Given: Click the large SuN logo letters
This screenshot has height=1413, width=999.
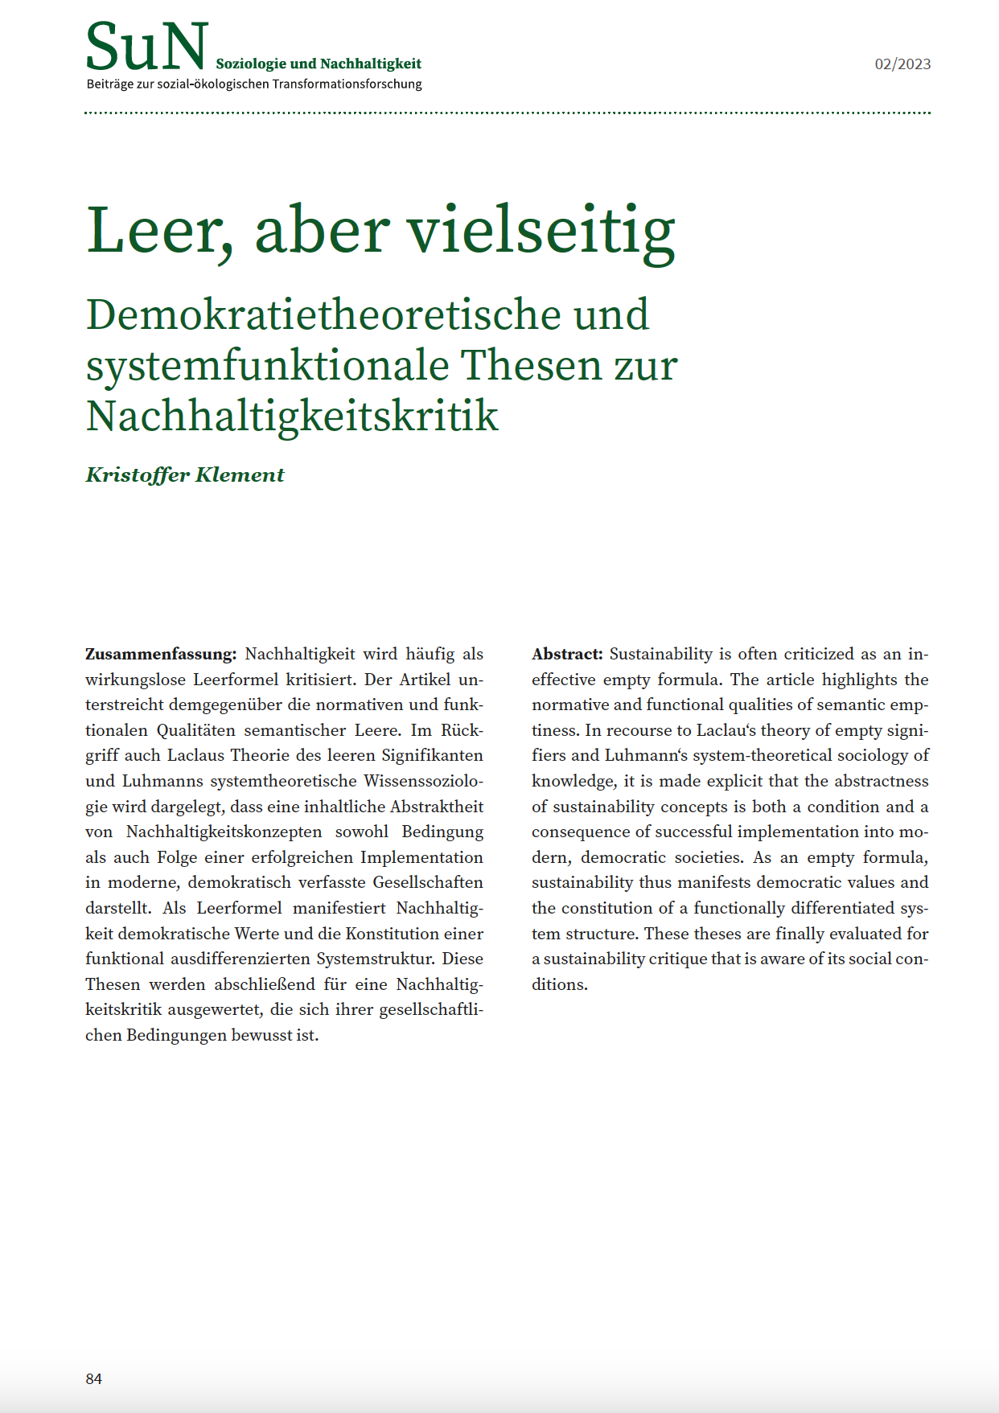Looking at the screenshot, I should [x=146, y=47].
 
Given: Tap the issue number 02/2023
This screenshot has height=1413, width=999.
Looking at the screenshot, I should [x=902, y=64].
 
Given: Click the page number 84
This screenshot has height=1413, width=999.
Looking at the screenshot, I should [x=94, y=1378].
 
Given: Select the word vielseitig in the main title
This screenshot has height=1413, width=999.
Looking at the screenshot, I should [x=541, y=231].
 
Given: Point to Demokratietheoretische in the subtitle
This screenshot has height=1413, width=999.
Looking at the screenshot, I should [x=323, y=314].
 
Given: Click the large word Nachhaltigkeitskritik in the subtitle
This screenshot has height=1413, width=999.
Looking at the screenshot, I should [x=292, y=416].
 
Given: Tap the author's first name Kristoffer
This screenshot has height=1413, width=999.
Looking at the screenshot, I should [x=137, y=474].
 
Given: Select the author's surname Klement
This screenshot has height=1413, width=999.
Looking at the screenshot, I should [x=240, y=474].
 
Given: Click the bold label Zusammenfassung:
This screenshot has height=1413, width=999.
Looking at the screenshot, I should [x=161, y=654].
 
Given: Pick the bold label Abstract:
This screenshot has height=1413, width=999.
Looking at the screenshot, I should [x=567, y=654].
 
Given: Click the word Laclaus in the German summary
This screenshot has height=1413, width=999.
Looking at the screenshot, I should [x=196, y=756].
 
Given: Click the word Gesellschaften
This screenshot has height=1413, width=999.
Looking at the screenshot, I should [x=428, y=882].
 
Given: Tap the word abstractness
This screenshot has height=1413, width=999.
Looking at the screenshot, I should [x=881, y=781].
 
